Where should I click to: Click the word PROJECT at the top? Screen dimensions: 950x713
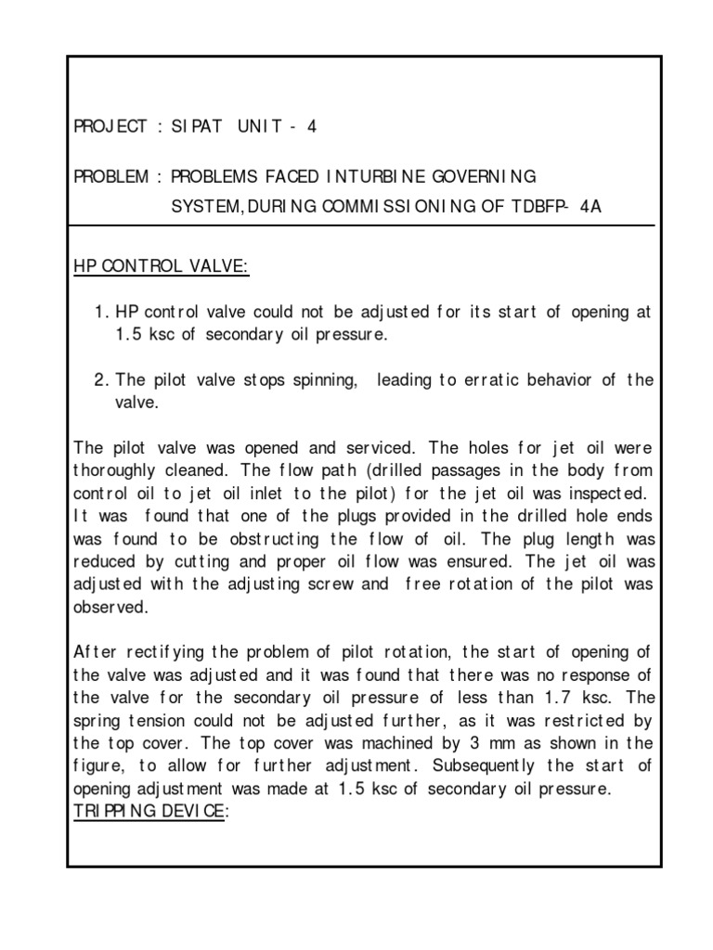pyautogui.click(x=110, y=127)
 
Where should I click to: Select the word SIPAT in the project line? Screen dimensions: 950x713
pyautogui.click(x=197, y=127)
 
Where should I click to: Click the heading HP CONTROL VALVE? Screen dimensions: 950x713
pyautogui.click(x=161, y=267)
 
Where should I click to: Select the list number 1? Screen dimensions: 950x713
pyautogui.click(x=101, y=313)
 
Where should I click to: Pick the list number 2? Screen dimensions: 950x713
pyautogui.click(x=101, y=380)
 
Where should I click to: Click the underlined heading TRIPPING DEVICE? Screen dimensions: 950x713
pyautogui.click(x=147, y=811)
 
